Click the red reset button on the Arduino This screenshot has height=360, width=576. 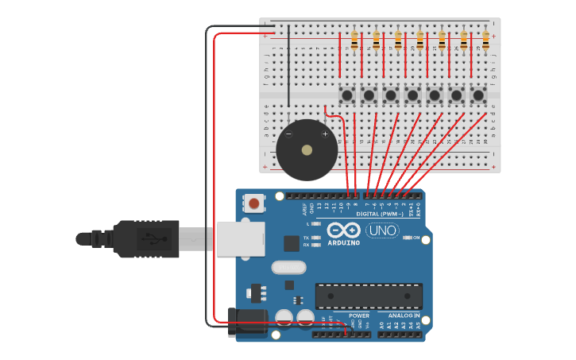pyautogui.click(x=253, y=203)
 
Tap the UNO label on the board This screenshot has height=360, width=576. pyautogui.click(x=382, y=230)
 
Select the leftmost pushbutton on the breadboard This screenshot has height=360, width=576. pyautogui.click(x=347, y=96)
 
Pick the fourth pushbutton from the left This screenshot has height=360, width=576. pyautogui.click(x=412, y=96)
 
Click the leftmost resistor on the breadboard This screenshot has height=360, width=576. pyautogui.click(x=354, y=40)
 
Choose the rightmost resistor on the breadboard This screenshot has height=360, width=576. pyautogui.click(x=485, y=40)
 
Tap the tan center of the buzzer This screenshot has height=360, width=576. pyautogui.click(x=307, y=150)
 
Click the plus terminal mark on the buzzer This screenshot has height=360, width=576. pyautogui.click(x=325, y=134)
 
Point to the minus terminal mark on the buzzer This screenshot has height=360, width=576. pyautogui.click(x=288, y=134)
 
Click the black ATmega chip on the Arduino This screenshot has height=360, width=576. pyautogui.click(x=369, y=295)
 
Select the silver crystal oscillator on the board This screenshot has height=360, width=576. pyautogui.click(x=288, y=267)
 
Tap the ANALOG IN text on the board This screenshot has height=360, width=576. pyautogui.click(x=404, y=315)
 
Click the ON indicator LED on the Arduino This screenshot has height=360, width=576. pyautogui.click(x=406, y=238)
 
